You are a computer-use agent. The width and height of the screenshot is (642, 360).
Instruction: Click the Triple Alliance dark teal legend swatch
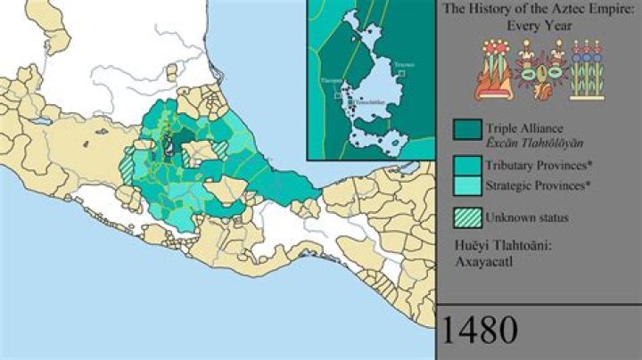point(465,130)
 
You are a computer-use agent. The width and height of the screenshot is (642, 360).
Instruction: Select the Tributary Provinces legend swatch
point(465,165)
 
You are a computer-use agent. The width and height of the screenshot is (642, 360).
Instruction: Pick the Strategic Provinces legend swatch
point(465,184)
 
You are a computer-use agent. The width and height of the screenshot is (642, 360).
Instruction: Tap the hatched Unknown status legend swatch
point(465,217)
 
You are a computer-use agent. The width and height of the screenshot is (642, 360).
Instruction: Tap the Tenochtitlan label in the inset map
point(373,102)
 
